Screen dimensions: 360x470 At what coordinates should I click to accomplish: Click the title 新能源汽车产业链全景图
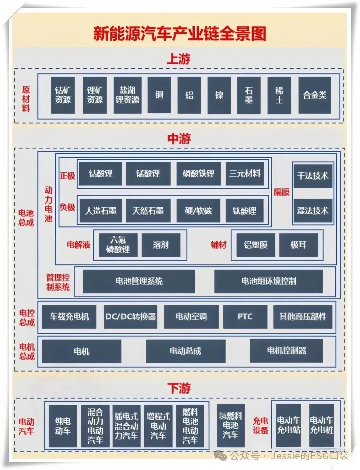coord(180,34)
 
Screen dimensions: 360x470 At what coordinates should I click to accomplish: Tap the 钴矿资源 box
coord(63,95)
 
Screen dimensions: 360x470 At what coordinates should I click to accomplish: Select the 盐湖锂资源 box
coord(127,95)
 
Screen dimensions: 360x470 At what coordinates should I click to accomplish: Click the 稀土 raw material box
coord(279,95)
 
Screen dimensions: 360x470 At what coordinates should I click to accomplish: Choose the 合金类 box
coord(314,95)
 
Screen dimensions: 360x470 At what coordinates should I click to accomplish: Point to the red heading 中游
coord(179,139)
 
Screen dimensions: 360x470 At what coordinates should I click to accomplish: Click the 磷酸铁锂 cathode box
coord(198,173)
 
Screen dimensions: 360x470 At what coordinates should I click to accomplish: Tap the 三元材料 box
coord(245,173)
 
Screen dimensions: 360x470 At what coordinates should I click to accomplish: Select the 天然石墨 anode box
coord(148,211)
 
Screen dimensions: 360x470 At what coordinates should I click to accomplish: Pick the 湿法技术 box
coord(313,211)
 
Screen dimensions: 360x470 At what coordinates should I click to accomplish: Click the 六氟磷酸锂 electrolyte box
coord(118,245)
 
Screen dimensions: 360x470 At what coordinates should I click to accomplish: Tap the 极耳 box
coord(298,245)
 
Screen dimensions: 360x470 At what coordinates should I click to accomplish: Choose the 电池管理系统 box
coord(139,281)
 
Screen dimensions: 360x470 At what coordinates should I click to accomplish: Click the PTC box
coord(245,317)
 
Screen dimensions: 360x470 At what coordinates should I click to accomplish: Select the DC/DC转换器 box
coord(130,317)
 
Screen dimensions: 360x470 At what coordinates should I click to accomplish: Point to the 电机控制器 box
coord(286,351)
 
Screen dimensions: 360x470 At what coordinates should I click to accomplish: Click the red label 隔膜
coord(282,192)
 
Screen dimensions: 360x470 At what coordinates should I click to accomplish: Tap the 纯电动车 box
coord(63,426)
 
